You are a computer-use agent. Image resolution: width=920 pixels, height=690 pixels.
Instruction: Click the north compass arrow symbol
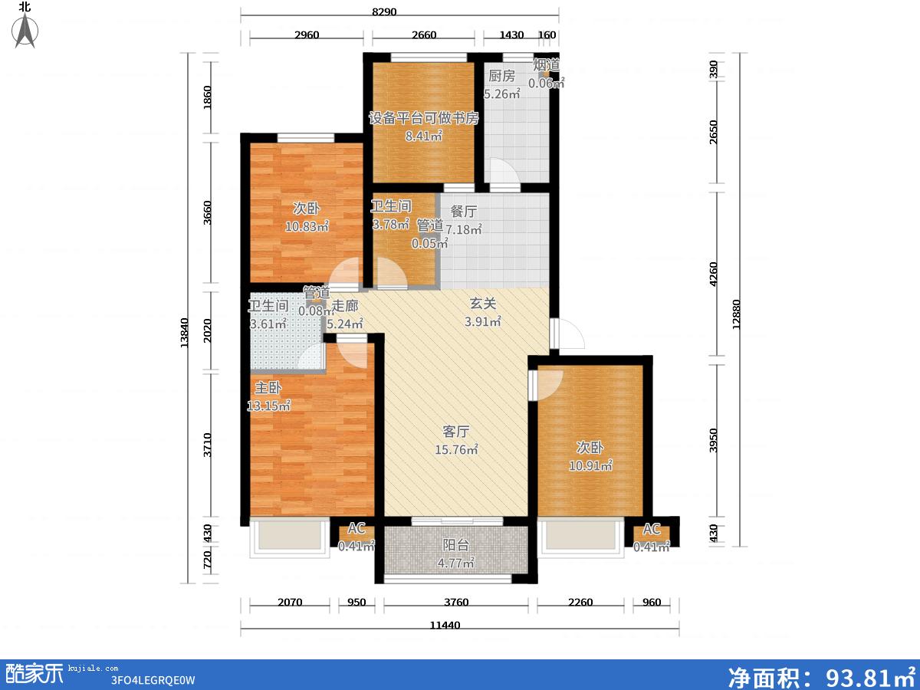coord(25,31)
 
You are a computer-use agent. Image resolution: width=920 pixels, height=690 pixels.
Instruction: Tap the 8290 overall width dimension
coord(384,11)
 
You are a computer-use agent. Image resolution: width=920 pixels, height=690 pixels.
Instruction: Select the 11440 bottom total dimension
coord(445,626)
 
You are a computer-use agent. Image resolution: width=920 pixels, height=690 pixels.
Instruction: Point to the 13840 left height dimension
coord(184,333)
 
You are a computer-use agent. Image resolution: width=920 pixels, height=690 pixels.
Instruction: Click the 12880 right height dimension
coord(737,314)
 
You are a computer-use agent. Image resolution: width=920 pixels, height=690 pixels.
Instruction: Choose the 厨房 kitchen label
coord(501,76)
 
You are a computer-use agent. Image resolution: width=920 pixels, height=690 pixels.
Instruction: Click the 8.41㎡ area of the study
coord(424,136)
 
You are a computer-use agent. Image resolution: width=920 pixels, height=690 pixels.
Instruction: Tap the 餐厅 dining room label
coord(463,211)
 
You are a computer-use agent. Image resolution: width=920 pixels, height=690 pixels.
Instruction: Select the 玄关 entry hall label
coord(483,304)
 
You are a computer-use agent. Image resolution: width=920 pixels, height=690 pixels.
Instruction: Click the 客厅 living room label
coord(456,431)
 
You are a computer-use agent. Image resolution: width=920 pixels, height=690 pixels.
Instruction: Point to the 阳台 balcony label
coord(456,545)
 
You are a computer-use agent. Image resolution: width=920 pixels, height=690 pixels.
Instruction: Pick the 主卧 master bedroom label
coord(268,387)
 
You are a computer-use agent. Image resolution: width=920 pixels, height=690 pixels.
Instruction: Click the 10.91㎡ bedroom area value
coord(590,465)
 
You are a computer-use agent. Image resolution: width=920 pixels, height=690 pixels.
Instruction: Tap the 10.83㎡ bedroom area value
coord(307,226)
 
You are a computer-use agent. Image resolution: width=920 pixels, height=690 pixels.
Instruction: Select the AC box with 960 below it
coord(652,534)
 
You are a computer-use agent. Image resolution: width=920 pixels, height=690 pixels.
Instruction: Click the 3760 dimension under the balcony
coord(456,603)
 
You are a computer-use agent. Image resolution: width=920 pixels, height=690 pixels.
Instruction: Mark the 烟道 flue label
coord(546,65)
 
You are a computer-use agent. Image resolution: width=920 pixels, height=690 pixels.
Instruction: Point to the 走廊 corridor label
coord(345,306)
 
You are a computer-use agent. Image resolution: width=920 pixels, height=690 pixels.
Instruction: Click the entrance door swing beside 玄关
coord(567,333)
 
